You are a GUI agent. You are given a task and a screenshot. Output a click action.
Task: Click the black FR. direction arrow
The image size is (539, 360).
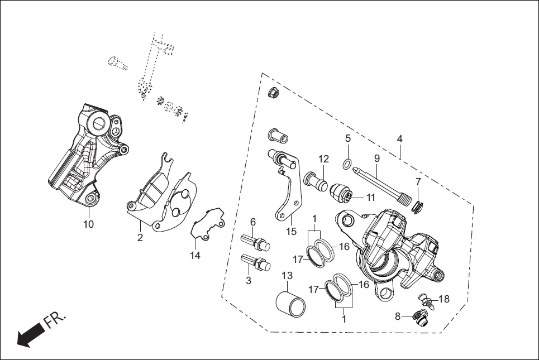31,335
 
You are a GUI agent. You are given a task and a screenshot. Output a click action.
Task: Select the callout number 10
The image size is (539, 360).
89,224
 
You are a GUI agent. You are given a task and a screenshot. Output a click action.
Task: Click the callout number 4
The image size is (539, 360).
400,138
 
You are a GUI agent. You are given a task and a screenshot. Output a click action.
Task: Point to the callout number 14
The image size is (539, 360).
194,256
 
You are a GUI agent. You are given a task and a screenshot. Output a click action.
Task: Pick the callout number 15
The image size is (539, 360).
292,231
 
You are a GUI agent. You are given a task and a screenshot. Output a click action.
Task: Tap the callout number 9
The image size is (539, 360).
377,159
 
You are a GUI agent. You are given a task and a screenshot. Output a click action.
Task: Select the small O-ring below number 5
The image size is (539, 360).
347,164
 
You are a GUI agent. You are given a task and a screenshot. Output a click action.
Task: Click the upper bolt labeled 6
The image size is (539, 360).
255,243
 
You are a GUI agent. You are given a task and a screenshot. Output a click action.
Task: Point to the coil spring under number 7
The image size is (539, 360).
416,207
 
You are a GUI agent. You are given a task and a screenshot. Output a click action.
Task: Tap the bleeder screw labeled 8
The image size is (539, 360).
419,318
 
